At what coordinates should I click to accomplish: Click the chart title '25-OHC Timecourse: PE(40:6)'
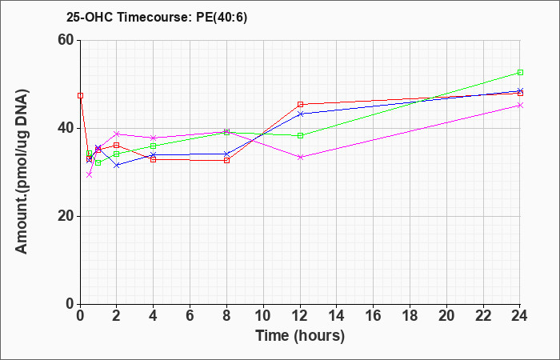(157, 18)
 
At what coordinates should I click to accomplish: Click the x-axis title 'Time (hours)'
(300, 336)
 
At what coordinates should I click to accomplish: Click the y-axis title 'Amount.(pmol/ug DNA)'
(22, 172)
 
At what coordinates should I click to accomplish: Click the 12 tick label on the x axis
(300, 316)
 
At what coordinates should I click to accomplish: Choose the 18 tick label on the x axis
(410, 316)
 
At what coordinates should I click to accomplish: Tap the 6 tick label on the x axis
(190, 316)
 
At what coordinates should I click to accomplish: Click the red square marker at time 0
(80, 96)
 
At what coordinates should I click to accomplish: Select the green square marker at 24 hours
(520, 73)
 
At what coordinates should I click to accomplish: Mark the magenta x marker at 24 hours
(520, 106)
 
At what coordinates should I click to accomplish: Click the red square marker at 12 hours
(300, 105)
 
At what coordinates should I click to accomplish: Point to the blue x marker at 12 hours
(300, 114)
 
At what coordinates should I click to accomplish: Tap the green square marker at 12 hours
(300, 136)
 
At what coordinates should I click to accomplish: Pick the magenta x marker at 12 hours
(300, 157)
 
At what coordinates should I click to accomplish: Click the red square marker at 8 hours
(226, 161)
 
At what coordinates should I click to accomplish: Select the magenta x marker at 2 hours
(117, 134)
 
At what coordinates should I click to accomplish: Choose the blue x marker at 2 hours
(117, 166)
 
